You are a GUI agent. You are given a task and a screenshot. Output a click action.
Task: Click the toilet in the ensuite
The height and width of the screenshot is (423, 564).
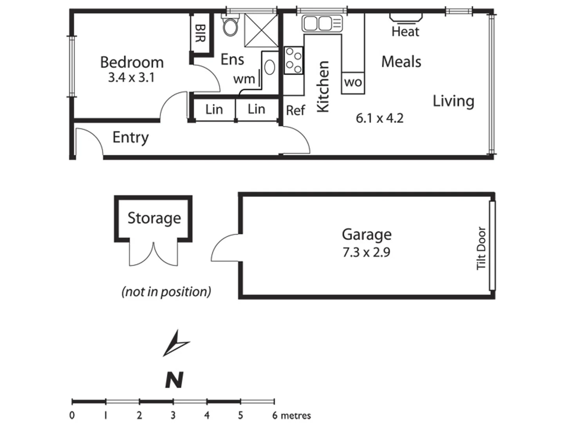(230, 26)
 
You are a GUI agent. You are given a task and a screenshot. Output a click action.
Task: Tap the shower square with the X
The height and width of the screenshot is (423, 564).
(261, 31)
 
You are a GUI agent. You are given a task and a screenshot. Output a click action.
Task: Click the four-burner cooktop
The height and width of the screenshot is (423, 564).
(293, 60)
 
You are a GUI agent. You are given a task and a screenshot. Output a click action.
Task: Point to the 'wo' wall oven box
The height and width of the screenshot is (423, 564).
(353, 83)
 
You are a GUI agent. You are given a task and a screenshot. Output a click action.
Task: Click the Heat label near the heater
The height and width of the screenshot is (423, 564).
(405, 32)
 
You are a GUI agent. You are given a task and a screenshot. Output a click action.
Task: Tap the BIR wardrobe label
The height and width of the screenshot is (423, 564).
(200, 33)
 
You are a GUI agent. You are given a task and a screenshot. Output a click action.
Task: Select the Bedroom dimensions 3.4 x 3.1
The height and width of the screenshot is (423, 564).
(131, 78)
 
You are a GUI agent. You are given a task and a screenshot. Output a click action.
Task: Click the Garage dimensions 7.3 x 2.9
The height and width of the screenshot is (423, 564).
(366, 252)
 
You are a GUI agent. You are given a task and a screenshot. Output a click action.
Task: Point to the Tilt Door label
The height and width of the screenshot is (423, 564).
(481, 248)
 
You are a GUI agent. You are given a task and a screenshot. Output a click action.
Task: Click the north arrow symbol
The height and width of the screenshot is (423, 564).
(175, 343)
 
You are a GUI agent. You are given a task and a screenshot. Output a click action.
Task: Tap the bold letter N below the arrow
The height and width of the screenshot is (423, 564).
(174, 380)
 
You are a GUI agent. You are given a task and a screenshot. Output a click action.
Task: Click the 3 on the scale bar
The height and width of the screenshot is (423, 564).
(173, 415)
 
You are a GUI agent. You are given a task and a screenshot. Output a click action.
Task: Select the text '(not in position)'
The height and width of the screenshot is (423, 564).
(166, 292)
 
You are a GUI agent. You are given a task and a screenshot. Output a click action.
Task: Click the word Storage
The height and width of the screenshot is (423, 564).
(154, 218)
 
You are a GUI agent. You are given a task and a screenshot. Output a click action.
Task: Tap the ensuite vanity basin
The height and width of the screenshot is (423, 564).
(269, 67)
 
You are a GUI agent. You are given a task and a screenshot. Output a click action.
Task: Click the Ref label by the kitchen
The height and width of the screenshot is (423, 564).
(295, 110)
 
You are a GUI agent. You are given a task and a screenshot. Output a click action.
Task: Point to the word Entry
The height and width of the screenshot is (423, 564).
(130, 137)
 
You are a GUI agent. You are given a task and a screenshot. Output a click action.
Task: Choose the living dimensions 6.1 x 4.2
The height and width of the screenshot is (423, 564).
(380, 118)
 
